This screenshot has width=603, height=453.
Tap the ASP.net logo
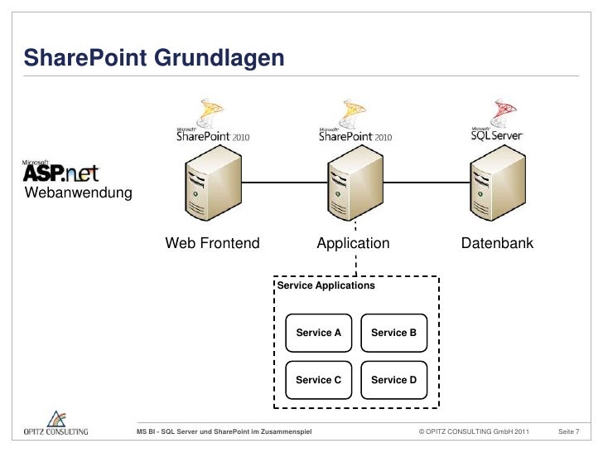point(60,170)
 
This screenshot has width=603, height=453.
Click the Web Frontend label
point(213,244)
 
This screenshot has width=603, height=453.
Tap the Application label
point(352,244)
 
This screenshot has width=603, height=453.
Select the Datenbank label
point(497,244)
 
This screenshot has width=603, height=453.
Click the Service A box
point(319,333)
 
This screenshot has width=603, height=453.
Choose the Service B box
point(394,333)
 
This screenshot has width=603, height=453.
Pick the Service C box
point(319,380)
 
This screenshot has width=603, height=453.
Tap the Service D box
point(394,380)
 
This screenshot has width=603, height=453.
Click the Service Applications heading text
point(326,285)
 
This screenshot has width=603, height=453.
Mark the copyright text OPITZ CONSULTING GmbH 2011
point(474,432)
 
